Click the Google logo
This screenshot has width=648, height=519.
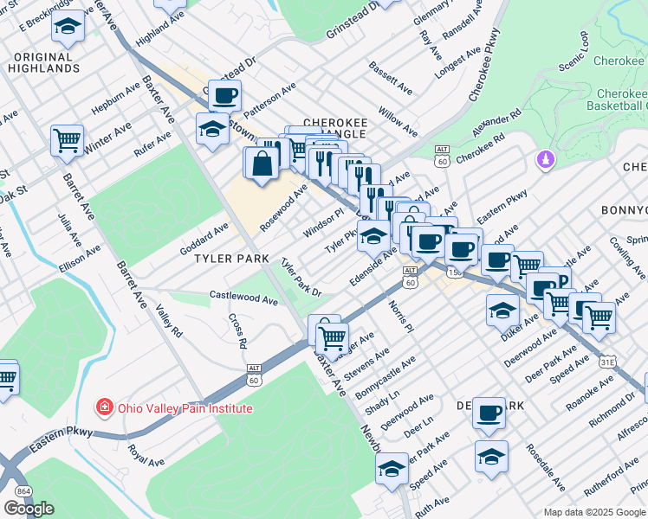point(29,508)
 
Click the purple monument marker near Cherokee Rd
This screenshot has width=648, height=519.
point(546,160)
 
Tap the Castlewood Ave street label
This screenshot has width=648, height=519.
point(243,297)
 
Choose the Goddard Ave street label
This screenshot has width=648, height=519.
point(204,237)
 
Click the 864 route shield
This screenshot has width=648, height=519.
point(20,492)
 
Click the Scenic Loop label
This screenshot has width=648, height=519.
point(573,55)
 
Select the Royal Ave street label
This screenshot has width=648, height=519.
point(146,456)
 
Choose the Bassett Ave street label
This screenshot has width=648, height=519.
point(390,78)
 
